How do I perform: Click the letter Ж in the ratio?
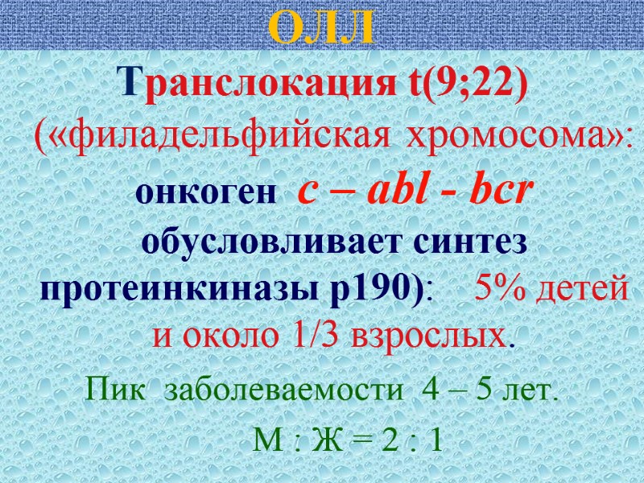point(325,441)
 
